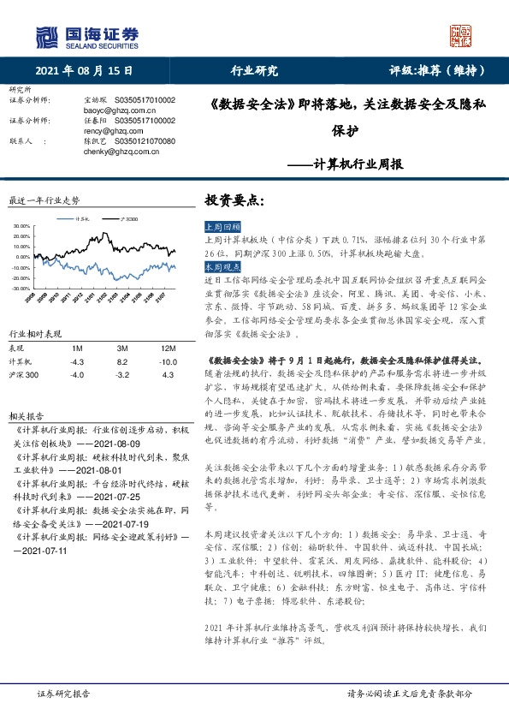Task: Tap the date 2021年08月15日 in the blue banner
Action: tap(86, 71)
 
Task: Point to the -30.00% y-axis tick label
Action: tap(21, 289)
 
